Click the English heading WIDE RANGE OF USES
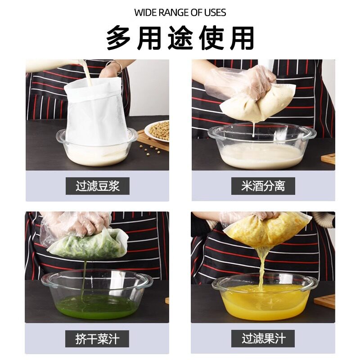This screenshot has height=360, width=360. pyautogui.click(x=180, y=12)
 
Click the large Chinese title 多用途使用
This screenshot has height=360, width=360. pyautogui.click(x=180, y=38)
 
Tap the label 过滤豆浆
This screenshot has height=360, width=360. pyautogui.click(x=98, y=186)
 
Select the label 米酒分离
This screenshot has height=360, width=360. pyautogui.click(x=263, y=186)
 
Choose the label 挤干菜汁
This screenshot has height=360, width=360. pyautogui.click(x=98, y=338)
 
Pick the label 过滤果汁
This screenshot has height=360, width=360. pyautogui.click(x=263, y=338)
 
